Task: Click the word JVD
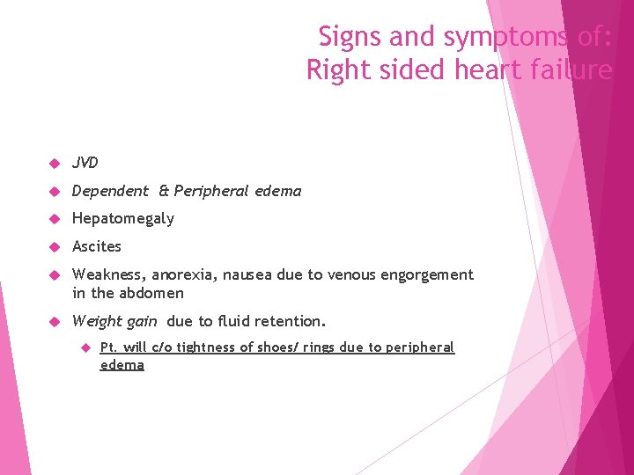click(x=85, y=163)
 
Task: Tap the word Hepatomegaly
click(x=123, y=218)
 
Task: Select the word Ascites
click(x=97, y=246)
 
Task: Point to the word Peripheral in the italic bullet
click(x=212, y=191)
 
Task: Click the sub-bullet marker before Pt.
click(x=86, y=347)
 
